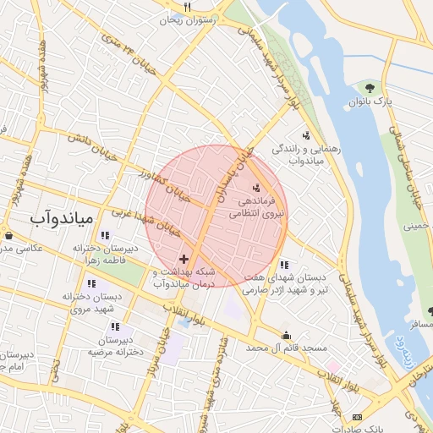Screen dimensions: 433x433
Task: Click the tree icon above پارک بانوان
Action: click(369, 86)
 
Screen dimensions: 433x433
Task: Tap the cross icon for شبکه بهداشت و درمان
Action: click(184, 258)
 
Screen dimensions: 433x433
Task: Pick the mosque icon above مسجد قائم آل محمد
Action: click(286, 335)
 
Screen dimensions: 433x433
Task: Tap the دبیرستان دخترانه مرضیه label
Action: click(116, 345)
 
